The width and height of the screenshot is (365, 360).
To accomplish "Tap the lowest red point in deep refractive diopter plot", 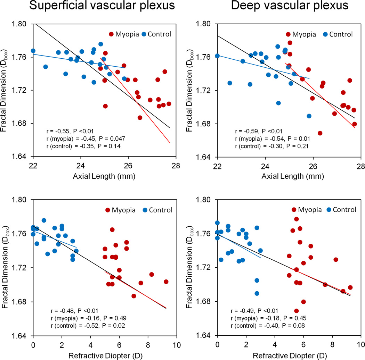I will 296,311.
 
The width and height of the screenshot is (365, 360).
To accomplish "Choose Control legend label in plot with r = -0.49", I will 344,210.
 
